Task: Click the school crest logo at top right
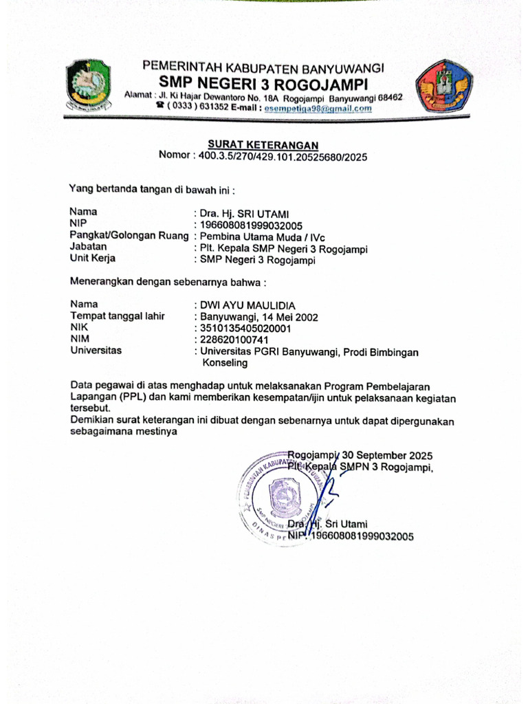[443, 86]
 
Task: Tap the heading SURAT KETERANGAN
[263, 145]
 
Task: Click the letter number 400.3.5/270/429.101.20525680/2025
[283, 157]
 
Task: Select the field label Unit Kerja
[93, 258]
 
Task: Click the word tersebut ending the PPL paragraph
[91, 408]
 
